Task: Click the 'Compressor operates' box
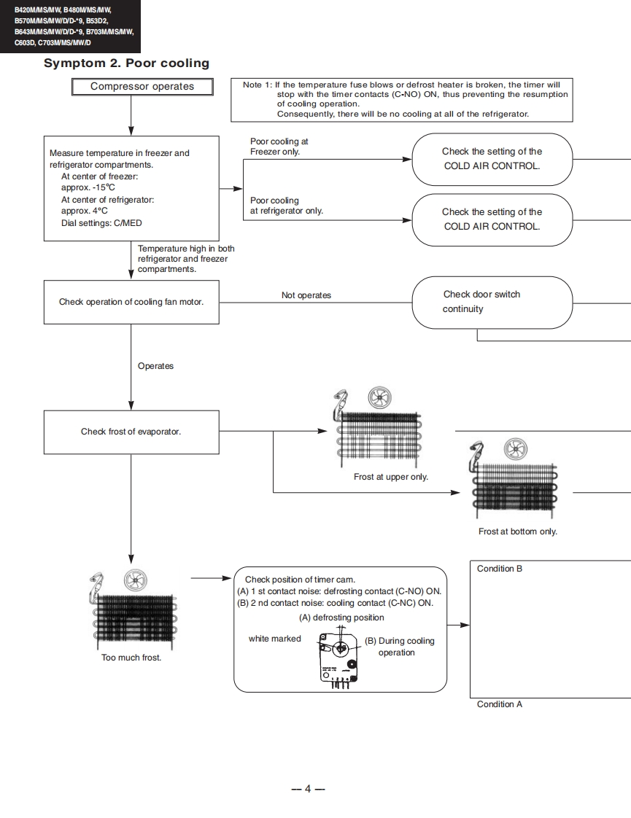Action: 142,87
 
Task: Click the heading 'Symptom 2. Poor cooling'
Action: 126,63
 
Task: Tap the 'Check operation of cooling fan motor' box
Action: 131,302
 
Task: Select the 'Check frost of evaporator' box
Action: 131,432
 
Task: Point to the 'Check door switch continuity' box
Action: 492,302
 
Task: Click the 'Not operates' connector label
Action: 306,295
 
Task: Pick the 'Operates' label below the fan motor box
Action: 155,366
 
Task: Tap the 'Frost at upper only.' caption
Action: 391,477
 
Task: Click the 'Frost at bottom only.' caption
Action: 517,531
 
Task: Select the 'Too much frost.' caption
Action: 131,658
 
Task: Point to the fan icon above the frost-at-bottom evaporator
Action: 516,450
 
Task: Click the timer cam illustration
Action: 338,658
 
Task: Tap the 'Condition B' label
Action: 499,569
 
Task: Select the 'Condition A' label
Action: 499,704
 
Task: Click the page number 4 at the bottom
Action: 308,789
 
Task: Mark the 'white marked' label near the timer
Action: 274,639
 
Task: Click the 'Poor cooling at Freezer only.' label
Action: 279,147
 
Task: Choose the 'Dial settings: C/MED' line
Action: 101,223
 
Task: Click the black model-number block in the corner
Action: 70,26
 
